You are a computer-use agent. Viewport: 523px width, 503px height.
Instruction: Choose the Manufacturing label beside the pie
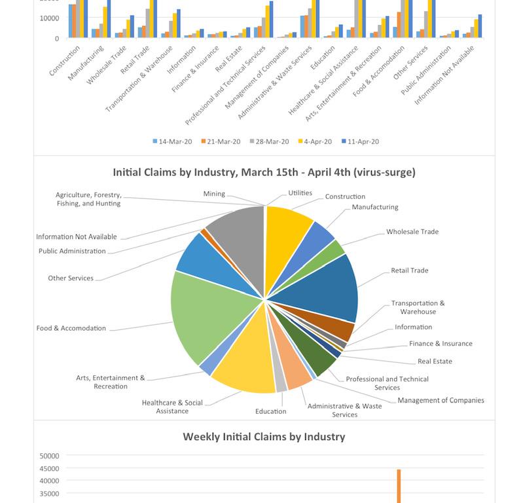pos(374,207)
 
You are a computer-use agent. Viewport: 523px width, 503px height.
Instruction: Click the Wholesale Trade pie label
pos(412,232)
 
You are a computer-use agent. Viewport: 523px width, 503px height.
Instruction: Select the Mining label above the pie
pos(214,194)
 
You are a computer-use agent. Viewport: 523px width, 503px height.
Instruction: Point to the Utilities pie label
pos(300,193)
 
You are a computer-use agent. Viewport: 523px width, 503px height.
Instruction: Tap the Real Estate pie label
pos(435,361)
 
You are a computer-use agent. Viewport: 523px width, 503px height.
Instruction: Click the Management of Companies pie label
pos(441,400)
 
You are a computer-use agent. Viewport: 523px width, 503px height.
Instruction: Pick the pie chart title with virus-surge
pos(264,173)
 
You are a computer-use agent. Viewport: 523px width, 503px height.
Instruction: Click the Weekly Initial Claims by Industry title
pos(264,436)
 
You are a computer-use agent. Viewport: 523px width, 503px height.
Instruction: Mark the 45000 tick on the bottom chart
pos(49,468)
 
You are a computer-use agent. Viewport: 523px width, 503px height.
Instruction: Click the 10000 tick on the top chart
pos(49,18)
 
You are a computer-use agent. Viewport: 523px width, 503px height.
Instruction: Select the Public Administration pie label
pos(72,251)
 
